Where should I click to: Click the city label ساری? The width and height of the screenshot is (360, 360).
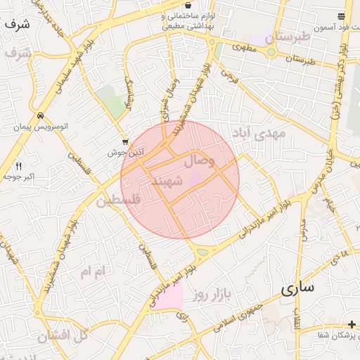pos(297,289)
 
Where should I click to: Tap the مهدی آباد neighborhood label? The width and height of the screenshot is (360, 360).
pos(262,133)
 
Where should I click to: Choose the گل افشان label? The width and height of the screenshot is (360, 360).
pos(63,335)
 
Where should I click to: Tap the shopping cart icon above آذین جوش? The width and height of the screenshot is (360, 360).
pos(125,141)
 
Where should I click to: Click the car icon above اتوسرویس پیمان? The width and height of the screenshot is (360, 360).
pos(42,116)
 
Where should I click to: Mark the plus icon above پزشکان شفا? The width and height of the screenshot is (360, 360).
pos(352,323)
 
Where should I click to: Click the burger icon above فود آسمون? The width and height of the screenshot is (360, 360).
pos(342,16)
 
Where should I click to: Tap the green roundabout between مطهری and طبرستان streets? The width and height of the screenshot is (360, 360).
pos(271,51)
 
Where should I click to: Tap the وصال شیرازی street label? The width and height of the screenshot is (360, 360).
pos(171,98)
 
